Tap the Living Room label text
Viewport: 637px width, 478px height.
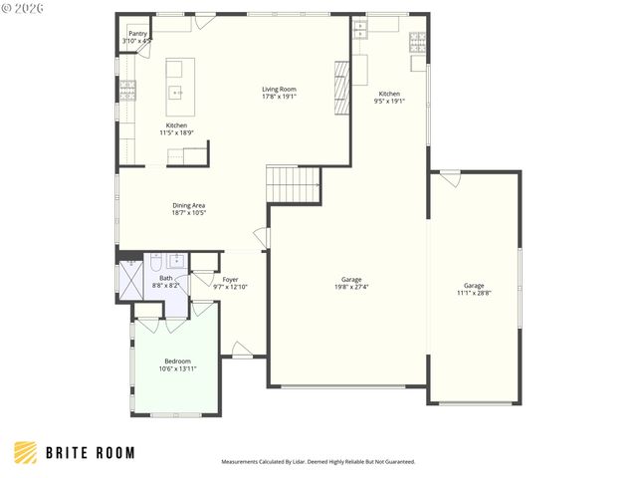279,90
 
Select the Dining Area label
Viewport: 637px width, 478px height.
188,205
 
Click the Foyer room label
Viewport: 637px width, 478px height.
230,279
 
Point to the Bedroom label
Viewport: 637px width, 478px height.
177,360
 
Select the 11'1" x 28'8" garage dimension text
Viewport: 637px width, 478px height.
474,292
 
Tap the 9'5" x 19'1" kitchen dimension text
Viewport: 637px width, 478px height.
389,101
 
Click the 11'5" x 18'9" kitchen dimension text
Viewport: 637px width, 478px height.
176,132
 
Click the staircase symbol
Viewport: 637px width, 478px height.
293,183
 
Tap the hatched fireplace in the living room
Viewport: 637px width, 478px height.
341,88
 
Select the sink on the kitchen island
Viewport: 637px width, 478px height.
175,93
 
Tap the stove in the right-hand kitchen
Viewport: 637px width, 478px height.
417,42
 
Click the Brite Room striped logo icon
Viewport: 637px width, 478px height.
27,452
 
